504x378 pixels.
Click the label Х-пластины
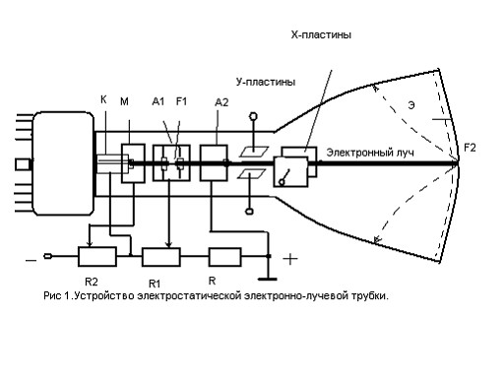coord(321,34)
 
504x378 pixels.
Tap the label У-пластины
coord(266,82)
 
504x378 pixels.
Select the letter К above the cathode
coord(103,99)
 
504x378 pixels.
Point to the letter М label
coord(124,101)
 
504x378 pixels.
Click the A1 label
coord(158,101)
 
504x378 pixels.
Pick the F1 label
coord(181,101)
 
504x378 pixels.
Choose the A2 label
coord(221,102)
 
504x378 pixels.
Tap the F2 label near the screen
coord(470,148)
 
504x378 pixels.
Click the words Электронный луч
coord(370,153)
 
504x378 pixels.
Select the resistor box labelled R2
coord(97,257)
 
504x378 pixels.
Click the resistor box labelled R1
coord(161,257)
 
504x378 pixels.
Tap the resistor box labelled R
coord(225,257)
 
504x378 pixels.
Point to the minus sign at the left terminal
coord(31,261)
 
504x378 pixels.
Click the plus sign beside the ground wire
coord(290,259)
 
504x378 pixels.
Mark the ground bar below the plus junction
coord(268,280)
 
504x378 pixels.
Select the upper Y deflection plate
coord(254,152)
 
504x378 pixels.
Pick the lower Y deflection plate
coord(252,174)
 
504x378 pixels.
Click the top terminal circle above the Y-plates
coord(253,116)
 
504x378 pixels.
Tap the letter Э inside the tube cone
coord(411,105)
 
